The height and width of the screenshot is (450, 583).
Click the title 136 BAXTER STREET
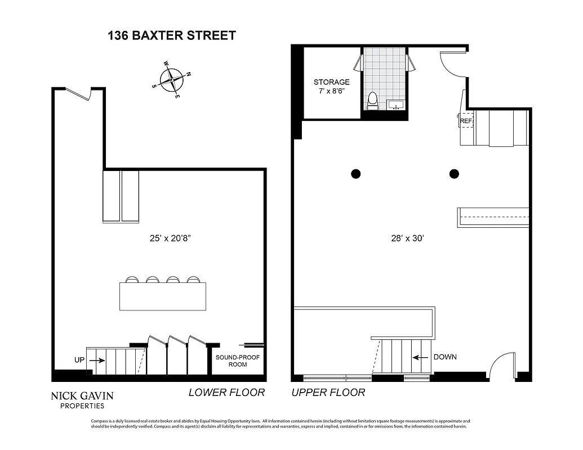pyautogui.click(x=171, y=35)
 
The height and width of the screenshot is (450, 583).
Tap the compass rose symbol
pyautogui.click(x=171, y=80)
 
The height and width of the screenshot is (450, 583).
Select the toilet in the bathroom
pyautogui.click(x=372, y=101)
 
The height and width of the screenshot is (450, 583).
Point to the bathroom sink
pyautogui.click(x=397, y=105)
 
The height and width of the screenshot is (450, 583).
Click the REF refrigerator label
pyautogui.click(x=465, y=120)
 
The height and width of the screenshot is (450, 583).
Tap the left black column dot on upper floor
pyautogui.click(x=355, y=174)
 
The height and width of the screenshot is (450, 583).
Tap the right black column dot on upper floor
pyautogui.click(x=454, y=174)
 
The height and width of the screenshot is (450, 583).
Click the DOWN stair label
pyautogui.click(x=444, y=357)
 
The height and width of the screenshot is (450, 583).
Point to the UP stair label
pyautogui.click(x=79, y=359)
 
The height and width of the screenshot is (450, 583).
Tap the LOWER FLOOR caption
pyautogui.click(x=226, y=393)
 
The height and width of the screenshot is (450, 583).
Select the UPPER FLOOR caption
pyautogui.click(x=328, y=393)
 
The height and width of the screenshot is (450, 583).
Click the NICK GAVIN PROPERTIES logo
pyautogui.click(x=82, y=399)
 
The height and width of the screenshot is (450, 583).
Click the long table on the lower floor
pyautogui.click(x=162, y=296)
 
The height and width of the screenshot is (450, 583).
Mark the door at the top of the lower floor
pyautogui.click(x=80, y=94)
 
